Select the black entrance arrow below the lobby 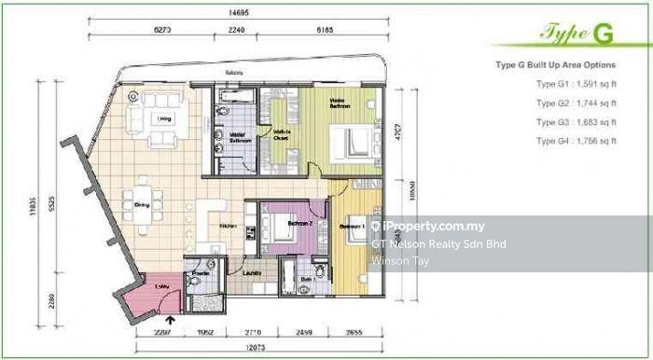169,325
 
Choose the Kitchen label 227,226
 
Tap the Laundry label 250,272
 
